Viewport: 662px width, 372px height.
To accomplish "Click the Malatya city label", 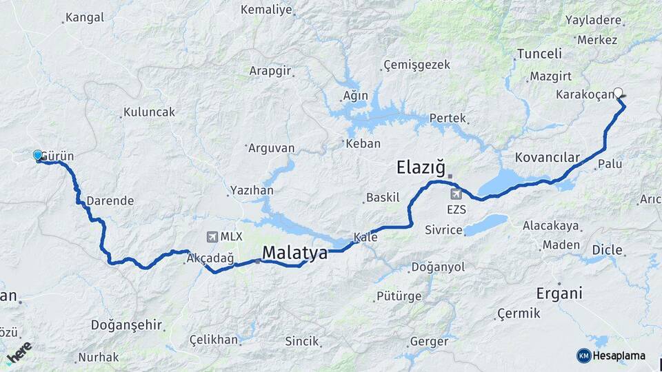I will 294,253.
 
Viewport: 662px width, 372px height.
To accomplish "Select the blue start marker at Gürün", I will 38,156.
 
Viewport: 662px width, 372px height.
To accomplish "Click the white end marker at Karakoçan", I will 618,92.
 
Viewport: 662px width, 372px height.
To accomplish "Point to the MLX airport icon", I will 210,236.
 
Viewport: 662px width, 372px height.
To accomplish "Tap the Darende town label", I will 110,200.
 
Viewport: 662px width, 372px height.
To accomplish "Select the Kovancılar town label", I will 547,157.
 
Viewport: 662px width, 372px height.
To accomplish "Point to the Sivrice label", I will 443,229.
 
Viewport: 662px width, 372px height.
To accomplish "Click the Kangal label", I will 83,17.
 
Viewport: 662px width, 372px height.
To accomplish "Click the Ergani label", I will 559,293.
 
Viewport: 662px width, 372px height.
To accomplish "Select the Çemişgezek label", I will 417,65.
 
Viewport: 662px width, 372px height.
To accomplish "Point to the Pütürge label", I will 399,297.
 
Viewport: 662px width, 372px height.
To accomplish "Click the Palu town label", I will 610,164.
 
